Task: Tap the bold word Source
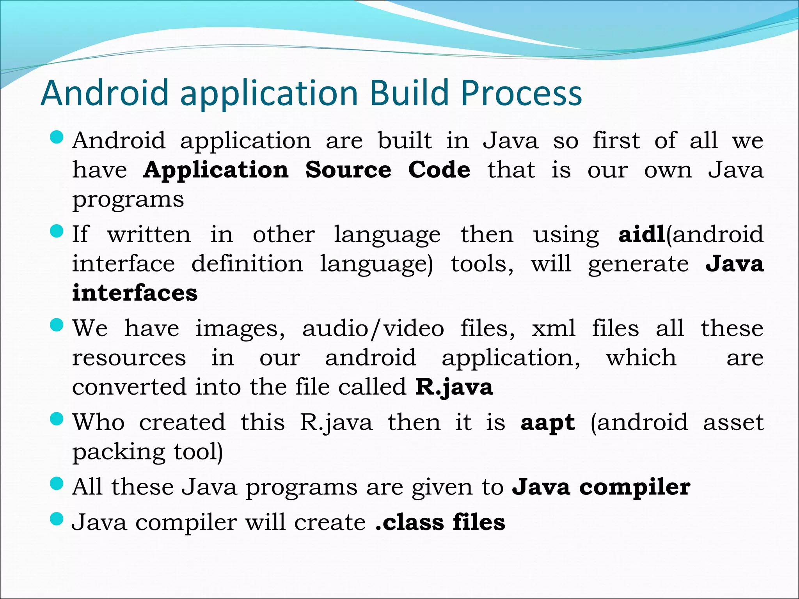pyautogui.click(x=348, y=170)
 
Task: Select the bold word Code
pyautogui.click(x=439, y=170)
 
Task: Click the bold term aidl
pyautogui.click(x=641, y=234)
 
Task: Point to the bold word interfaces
pyautogui.click(x=135, y=293)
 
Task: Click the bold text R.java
pyautogui.click(x=454, y=387)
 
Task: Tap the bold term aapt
pyautogui.click(x=547, y=423)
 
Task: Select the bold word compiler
pyautogui.click(x=635, y=487)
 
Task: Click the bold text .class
pyautogui.click(x=409, y=523)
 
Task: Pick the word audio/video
pyautogui.click(x=373, y=328)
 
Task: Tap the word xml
pyautogui.click(x=553, y=328)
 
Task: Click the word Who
pyautogui.click(x=99, y=422)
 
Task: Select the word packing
pyautogui.click(x=119, y=452)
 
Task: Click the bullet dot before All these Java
pyautogui.click(x=57, y=484)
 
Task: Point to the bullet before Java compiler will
pyautogui.click(x=57, y=519)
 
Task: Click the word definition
pyautogui.click(x=247, y=264)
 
